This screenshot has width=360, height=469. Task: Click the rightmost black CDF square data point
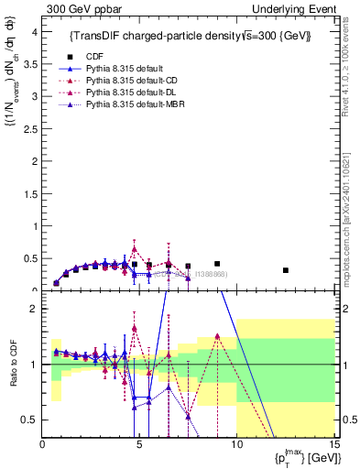pyautogui.click(x=286, y=270)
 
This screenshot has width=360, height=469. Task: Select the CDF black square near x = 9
pyautogui.click(x=217, y=264)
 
